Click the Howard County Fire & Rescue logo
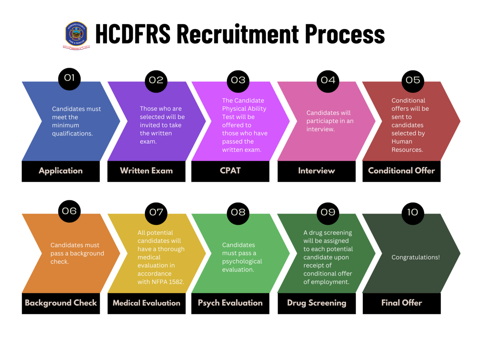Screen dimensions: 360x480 click(x=76, y=35)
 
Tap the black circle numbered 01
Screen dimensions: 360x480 click(x=69, y=79)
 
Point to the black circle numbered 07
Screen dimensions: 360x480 click(x=156, y=212)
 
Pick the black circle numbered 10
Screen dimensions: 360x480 click(x=413, y=212)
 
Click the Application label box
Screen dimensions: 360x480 click(x=61, y=171)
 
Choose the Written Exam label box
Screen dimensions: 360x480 click(x=146, y=171)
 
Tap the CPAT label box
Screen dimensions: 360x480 click(x=230, y=171)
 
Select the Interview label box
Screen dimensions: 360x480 click(x=316, y=171)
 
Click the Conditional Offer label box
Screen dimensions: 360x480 click(x=401, y=171)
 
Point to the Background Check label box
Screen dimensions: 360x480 click(x=61, y=303)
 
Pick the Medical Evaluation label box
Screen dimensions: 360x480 click(x=146, y=303)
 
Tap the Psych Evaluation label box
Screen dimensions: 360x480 click(x=230, y=303)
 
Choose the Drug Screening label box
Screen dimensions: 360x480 click(x=316, y=303)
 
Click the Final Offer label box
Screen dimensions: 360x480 click(x=401, y=303)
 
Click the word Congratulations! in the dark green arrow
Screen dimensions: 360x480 click(x=416, y=257)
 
